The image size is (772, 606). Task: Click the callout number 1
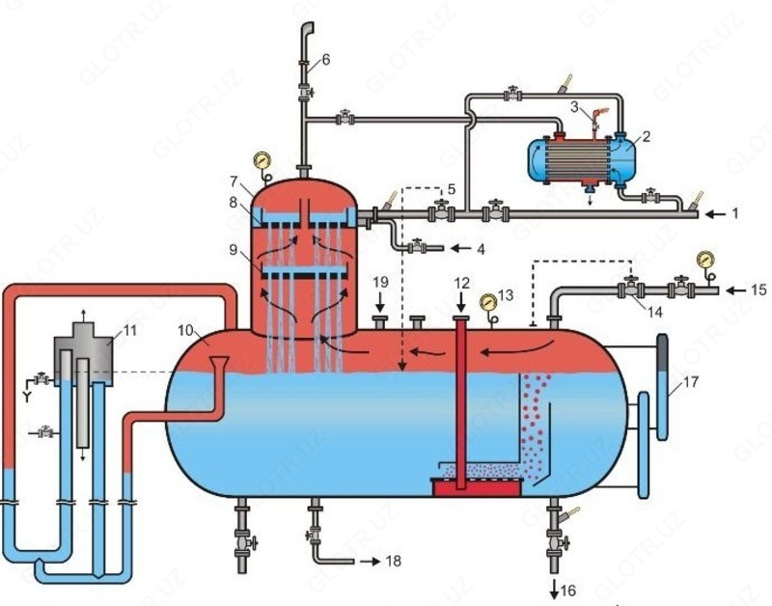coord(735,210)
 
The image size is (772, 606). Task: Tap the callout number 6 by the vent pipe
coord(325,60)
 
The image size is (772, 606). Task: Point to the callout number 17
coord(689,383)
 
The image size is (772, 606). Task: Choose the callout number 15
coord(758,289)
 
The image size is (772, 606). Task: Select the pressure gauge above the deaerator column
coord(260,159)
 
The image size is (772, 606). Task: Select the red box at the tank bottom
coord(478,487)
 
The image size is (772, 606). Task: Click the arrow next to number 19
coord(379,300)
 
